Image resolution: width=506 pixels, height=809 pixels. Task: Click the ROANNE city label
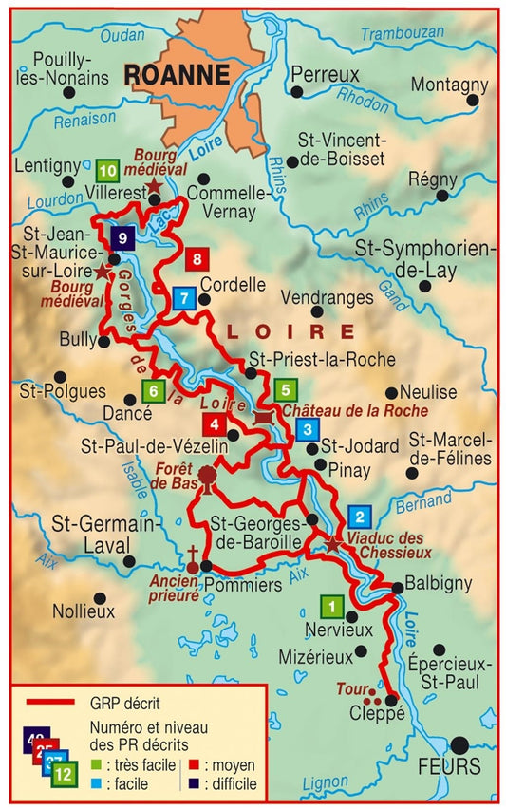(178, 74)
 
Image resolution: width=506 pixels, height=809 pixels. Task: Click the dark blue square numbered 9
(122, 238)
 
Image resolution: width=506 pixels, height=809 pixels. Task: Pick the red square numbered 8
(197, 257)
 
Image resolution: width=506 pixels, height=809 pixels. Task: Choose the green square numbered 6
(150, 389)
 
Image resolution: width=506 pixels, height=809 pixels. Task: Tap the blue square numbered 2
(360, 517)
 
